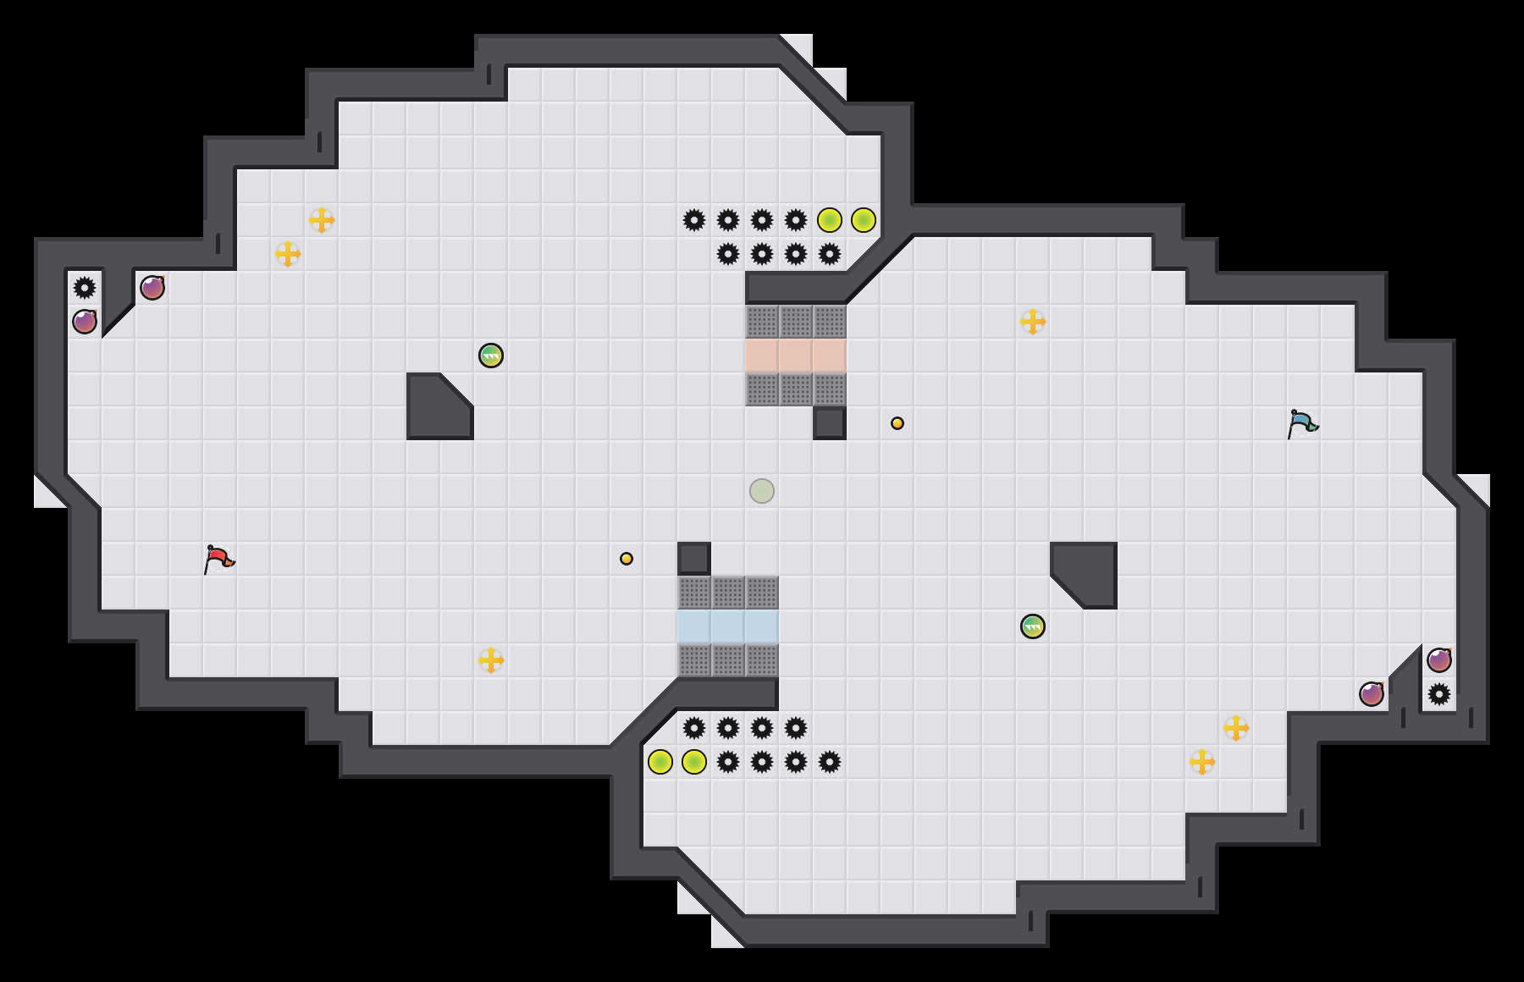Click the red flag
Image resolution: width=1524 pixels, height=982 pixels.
coord(218,559)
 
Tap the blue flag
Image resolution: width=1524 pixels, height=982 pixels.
coord(1302,423)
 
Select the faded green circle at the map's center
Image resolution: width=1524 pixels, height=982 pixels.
coord(762,491)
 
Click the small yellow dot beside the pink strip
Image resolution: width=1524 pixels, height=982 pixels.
coord(897,423)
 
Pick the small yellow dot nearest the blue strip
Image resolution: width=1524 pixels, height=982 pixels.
coord(627,559)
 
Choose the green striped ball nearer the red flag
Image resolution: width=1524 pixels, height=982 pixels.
coord(491,356)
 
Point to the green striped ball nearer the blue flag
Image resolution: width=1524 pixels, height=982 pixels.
coord(1033,626)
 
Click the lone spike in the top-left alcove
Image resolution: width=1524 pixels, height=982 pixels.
coord(85,288)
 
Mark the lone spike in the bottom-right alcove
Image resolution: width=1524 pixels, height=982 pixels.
coord(1439,694)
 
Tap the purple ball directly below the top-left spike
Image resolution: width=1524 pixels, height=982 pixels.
coord(85,322)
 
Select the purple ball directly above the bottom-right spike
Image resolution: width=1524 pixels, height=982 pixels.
coord(1439,660)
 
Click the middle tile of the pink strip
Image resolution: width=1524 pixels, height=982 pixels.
coord(796,356)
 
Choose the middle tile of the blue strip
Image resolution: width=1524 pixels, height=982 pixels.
coord(728,626)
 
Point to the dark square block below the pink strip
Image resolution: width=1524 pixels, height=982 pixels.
coord(830,423)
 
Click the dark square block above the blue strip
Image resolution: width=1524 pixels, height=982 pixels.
coord(694,559)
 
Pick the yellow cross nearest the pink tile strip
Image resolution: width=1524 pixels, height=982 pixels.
coord(1033,322)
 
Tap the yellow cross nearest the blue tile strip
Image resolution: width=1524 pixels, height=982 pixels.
coord(491,660)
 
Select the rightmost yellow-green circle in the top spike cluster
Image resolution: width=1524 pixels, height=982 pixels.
coord(864,220)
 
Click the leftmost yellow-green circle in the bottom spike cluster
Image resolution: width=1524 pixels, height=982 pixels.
coord(660,762)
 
